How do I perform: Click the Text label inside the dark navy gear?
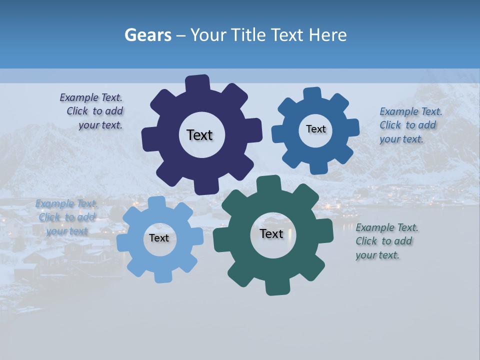click(x=199, y=135)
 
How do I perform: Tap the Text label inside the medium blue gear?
click(x=315, y=129)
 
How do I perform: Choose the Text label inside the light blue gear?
click(x=159, y=238)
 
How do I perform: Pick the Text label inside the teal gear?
click(x=271, y=234)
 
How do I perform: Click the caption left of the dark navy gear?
click(x=94, y=111)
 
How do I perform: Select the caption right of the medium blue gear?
click(x=410, y=125)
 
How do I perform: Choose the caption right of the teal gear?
click(x=386, y=241)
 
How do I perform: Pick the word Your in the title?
click(x=206, y=35)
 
